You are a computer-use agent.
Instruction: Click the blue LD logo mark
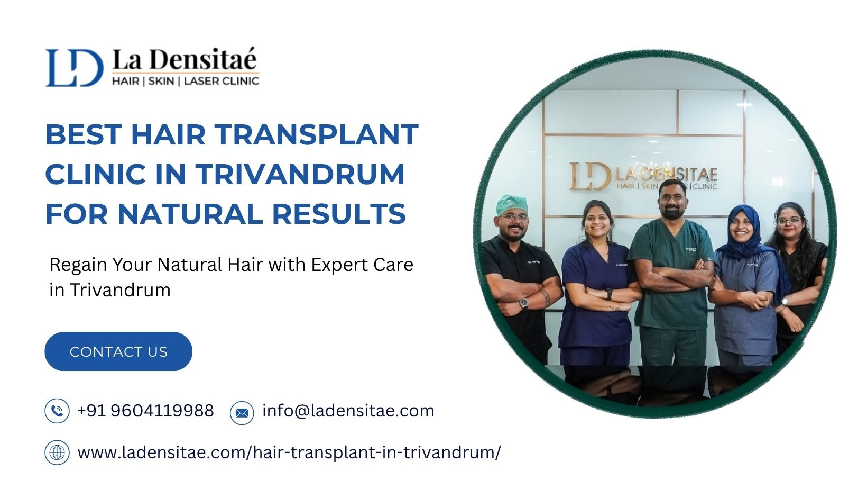click(x=75, y=67)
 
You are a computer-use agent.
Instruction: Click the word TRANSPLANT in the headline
click(x=317, y=134)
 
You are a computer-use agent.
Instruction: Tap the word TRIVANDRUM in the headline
click(x=300, y=174)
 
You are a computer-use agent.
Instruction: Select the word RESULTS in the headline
click(x=339, y=213)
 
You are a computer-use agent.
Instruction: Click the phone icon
click(x=57, y=411)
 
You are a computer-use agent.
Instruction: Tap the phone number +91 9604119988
click(x=145, y=411)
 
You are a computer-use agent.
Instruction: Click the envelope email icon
click(x=242, y=413)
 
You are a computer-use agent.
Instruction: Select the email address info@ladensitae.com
click(x=348, y=411)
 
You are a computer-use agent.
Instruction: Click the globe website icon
click(x=57, y=452)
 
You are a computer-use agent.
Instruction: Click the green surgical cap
click(x=512, y=204)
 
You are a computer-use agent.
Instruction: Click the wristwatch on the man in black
click(x=524, y=303)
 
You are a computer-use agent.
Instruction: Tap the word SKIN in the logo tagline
click(x=161, y=81)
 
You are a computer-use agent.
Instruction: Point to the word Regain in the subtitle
click(x=78, y=266)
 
